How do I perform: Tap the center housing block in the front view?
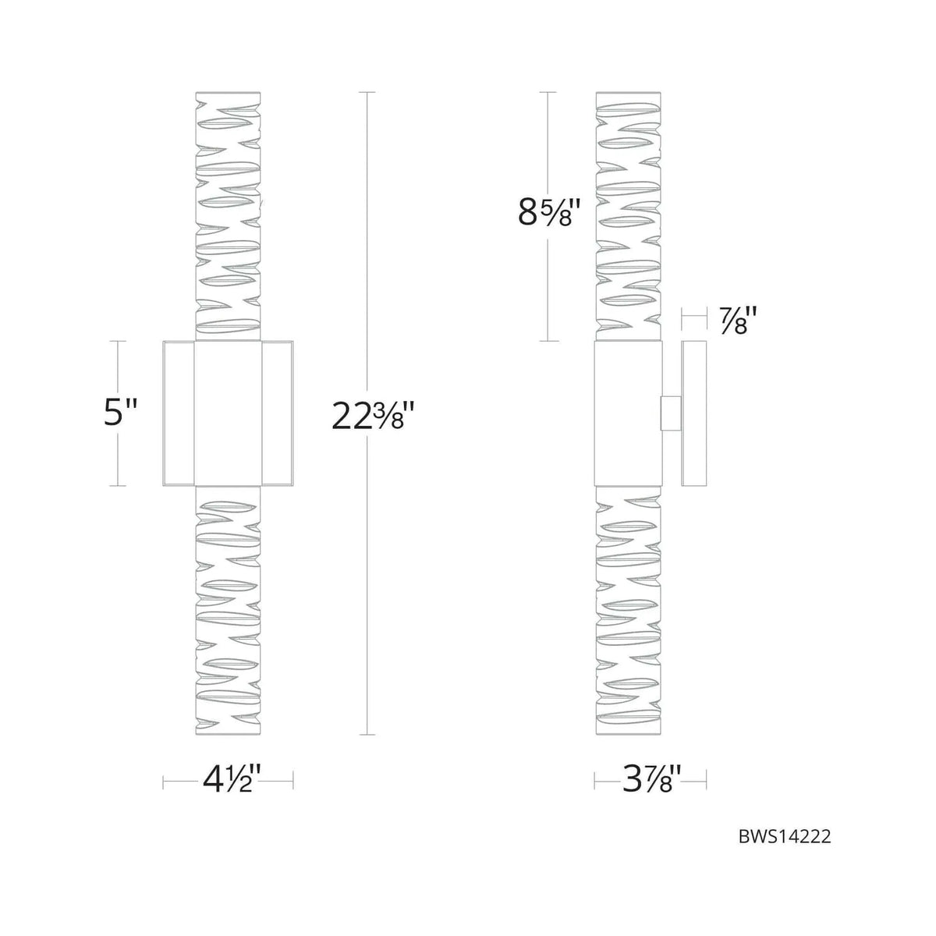[x=228, y=413]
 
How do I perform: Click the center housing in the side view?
[x=628, y=413]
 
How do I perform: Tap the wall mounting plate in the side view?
[x=693, y=413]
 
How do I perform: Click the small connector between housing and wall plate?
[x=670, y=413]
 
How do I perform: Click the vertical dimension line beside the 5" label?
[x=118, y=460]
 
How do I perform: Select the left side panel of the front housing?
[x=179, y=413]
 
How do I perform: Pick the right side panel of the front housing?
[x=277, y=413]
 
